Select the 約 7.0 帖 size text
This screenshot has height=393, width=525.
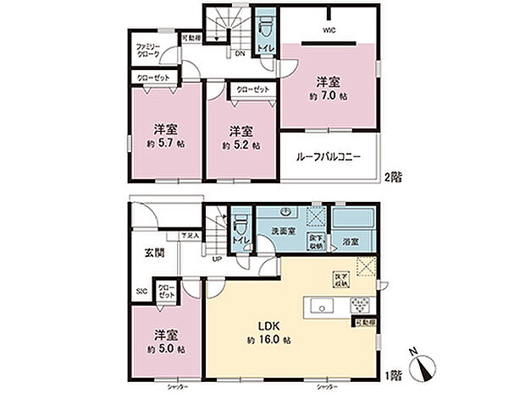(x=328, y=97)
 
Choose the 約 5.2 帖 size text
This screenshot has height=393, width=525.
(x=241, y=145)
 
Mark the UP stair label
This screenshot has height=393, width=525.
(x=218, y=259)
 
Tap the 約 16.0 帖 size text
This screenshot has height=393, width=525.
(x=269, y=340)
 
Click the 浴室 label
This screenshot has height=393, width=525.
(x=351, y=242)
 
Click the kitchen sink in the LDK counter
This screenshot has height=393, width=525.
(x=323, y=305)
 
